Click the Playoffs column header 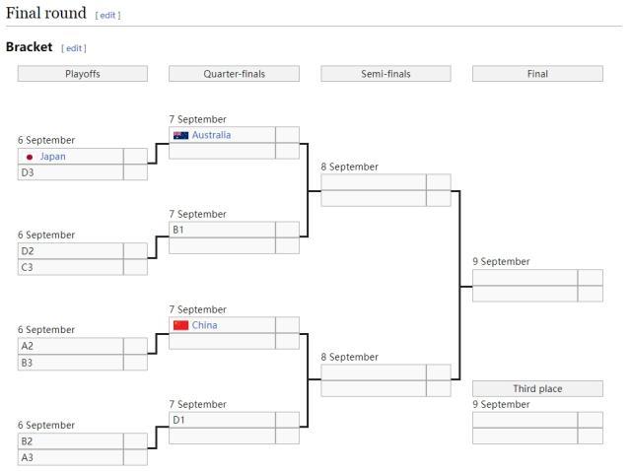coord(83,74)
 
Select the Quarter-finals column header coord(234,74)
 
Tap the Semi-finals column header coord(386,74)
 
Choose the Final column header coord(537,74)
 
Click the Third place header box coord(537,389)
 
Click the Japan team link coord(53,157)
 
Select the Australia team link coord(211,135)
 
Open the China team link coord(205,325)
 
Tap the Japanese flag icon coord(30,157)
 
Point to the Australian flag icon coord(180,135)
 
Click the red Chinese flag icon coord(180,325)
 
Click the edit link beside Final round coord(107,16)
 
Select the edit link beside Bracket coord(74,48)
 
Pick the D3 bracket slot coord(70,172)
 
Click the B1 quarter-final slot coord(222,230)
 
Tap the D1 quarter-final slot coord(222,420)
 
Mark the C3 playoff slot coord(70,267)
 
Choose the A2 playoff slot coord(70,346)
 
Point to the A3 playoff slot coord(70,457)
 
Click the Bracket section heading coord(30,47)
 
